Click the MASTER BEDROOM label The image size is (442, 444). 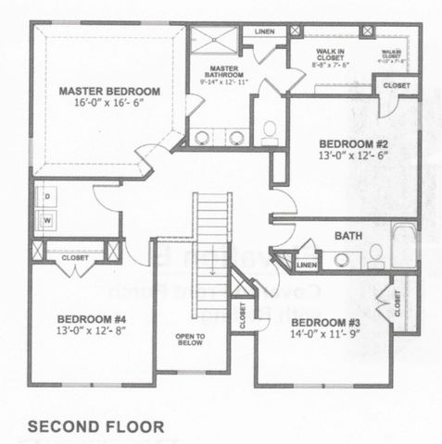[x=109, y=92]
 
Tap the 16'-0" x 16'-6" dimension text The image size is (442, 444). [x=109, y=105]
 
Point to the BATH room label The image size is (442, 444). [x=347, y=237]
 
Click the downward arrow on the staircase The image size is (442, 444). [x=212, y=268]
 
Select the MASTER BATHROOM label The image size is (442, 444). [x=225, y=75]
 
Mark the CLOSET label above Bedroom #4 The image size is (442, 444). [x=75, y=258]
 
